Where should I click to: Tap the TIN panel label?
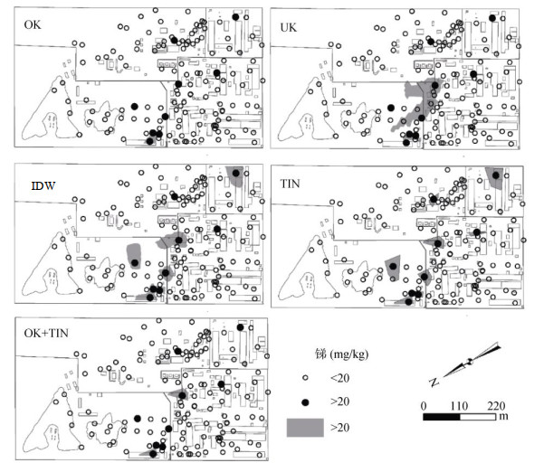(x=291, y=186)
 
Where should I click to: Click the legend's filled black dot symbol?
(x=306, y=401)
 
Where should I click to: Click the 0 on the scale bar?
(x=425, y=404)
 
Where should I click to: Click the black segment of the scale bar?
(x=443, y=417)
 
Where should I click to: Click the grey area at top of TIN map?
(x=494, y=176)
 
